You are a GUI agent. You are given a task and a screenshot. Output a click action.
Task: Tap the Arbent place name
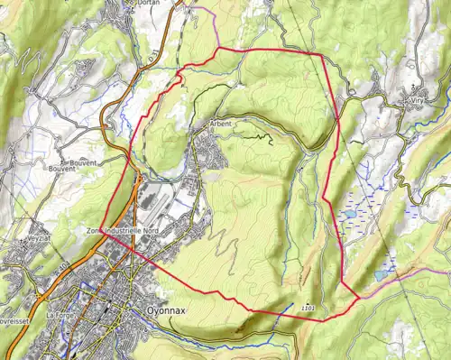(x=220, y=123)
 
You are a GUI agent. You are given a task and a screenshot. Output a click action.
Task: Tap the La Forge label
(x=59, y=315)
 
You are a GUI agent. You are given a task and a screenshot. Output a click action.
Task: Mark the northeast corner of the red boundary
(x=322, y=54)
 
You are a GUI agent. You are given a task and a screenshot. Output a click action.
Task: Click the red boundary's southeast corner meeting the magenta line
(x=359, y=296)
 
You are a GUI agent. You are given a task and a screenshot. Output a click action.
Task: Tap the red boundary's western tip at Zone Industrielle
(x=100, y=228)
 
